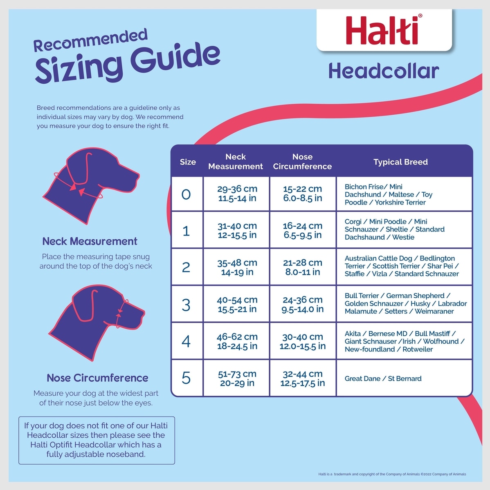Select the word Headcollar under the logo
click(x=384, y=71)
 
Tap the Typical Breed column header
click(x=400, y=162)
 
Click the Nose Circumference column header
click(x=302, y=161)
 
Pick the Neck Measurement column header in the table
click(x=236, y=161)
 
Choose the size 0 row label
click(x=186, y=194)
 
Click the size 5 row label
click(x=186, y=378)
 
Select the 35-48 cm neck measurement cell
click(x=237, y=267)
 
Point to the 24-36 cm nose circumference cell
click(x=302, y=304)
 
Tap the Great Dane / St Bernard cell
click(x=383, y=379)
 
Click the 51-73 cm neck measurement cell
click(x=237, y=379)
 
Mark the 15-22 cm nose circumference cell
click(x=302, y=194)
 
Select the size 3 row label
click(x=186, y=305)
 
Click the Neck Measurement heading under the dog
click(x=90, y=241)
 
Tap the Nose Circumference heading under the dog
click(x=97, y=378)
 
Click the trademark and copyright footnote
click(x=392, y=474)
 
